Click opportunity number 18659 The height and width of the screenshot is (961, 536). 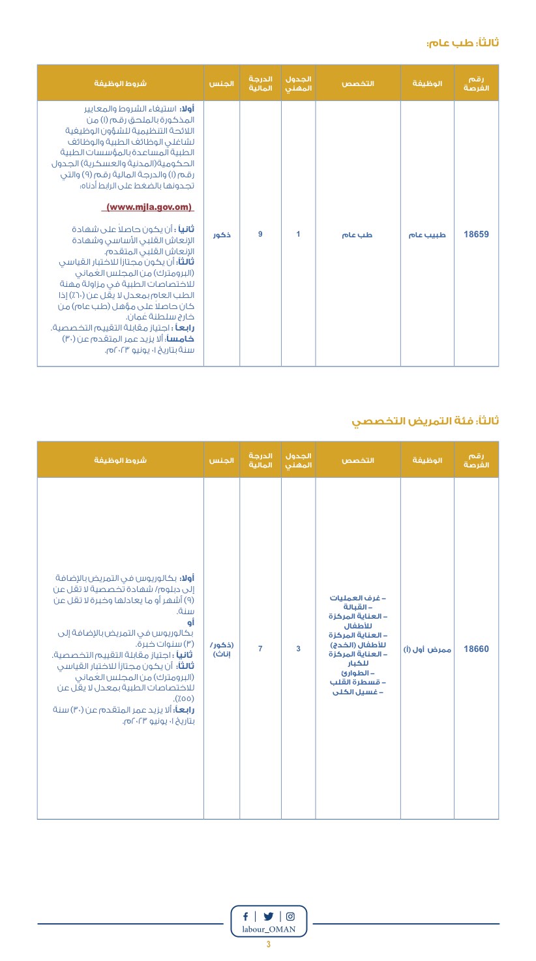pyautogui.click(x=476, y=234)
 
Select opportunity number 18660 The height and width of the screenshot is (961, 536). pyautogui.click(x=476, y=649)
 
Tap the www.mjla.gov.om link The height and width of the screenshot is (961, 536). pyautogui.click(x=149, y=207)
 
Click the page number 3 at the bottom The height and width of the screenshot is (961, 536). pyautogui.click(x=268, y=945)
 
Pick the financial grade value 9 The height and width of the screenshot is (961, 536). pyautogui.click(x=260, y=234)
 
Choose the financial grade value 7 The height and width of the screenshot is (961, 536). pyautogui.click(x=260, y=649)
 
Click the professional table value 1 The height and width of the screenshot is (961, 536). pyautogui.click(x=298, y=234)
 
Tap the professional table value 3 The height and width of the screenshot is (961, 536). pyautogui.click(x=298, y=649)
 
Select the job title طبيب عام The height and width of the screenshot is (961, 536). pyautogui.click(x=427, y=235)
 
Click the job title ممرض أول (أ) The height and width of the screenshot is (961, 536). pyautogui.click(x=427, y=649)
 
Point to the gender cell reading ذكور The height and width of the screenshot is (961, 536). pyautogui.click(x=222, y=235)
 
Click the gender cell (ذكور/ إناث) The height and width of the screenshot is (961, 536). pyautogui.click(x=222, y=649)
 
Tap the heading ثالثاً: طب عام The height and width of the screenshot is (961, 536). pyautogui.click(x=462, y=43)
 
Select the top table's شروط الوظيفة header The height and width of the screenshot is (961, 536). pyautogui.click(x=121, y=83)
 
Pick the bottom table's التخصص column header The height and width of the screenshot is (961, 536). pyautogui.click(x=358, y=460)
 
